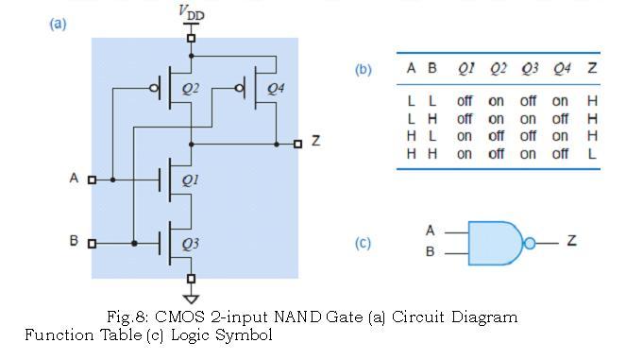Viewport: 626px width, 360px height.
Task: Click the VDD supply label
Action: pos(191,13)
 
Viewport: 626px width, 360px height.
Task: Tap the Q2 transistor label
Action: pos(190,89)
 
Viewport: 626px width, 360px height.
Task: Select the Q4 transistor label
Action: pos(275,89)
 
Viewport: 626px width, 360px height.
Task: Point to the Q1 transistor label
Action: pos(190,180)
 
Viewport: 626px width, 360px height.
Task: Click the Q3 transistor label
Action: pos(190,244)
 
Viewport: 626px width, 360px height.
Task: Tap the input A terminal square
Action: pos(92,179)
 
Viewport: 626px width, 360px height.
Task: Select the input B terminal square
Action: pos(92,243)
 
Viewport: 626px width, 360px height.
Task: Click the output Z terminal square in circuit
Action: pos(298,144)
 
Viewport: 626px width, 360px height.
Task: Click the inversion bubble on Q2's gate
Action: pos(153,89)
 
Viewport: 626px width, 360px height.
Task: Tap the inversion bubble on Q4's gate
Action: pos(239,89)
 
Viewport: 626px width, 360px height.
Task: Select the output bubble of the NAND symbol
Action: pos(530,243)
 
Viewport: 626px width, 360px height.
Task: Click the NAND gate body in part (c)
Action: pos(496,243)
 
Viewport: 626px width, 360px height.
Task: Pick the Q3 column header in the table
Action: pos(530,69)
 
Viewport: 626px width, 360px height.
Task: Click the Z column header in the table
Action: pos(592,69)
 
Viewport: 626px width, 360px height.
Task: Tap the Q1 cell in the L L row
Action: pos(465,101)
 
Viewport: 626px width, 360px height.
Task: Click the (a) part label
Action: pos(59,24)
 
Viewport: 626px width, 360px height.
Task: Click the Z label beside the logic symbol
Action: pos(571,242)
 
